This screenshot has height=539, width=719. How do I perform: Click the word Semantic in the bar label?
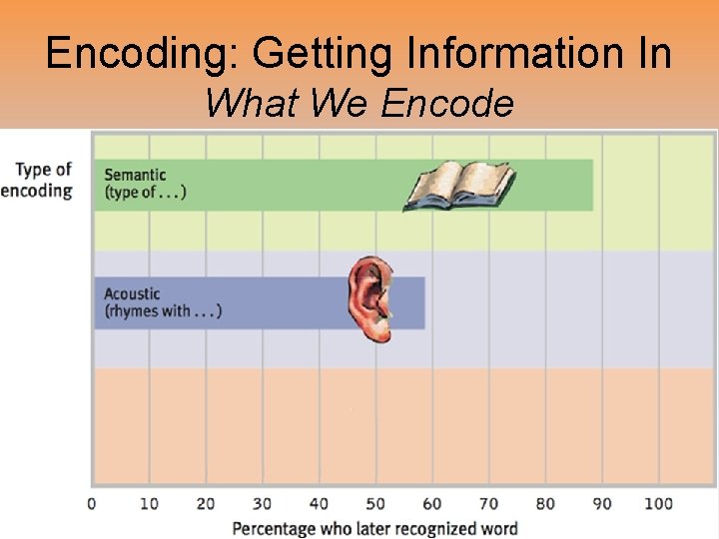[x=135, y=176]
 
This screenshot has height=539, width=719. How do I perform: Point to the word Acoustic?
[x=132, y=293]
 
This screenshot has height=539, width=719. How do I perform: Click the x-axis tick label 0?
[x=92, y=503]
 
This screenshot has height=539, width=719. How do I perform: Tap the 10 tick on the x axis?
[x=149, y=503]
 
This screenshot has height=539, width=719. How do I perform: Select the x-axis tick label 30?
[x=262, y=503]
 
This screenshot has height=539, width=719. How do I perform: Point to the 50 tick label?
[x=375, y=503]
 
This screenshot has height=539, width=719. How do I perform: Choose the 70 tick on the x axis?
[x=488, y=503]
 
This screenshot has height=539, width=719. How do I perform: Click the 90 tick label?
[x=602, y=503]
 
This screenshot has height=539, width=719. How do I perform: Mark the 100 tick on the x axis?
[x=658, y=503]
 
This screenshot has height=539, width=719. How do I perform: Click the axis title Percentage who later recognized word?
[x=374, y=528]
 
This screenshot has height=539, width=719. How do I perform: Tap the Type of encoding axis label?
[x=38, y=180]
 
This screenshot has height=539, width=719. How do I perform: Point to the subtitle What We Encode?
[x=359, y=102]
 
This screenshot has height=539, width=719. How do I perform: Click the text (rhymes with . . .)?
[x=163, y=311]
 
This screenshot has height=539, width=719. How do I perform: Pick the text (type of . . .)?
[x=145, y=193]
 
